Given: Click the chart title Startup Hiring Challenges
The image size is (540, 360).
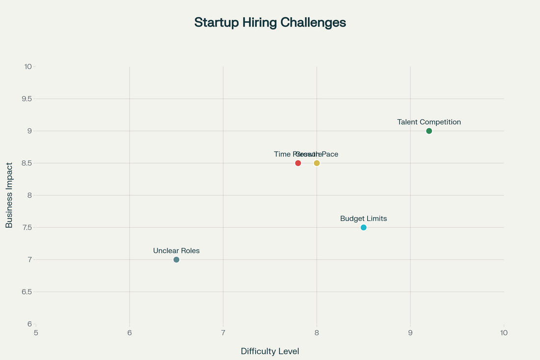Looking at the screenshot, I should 270,23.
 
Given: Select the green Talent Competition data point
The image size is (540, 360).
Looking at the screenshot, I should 429,131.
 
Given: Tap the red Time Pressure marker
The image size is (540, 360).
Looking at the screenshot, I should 298,163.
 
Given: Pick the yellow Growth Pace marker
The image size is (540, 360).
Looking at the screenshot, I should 317,163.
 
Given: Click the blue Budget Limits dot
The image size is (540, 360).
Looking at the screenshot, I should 363,227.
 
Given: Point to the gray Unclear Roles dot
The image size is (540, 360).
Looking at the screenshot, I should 176,260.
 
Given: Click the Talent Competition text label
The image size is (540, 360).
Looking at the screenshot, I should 429,122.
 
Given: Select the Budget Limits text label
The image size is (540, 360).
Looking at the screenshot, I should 363,219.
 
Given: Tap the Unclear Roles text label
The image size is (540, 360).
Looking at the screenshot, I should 176,251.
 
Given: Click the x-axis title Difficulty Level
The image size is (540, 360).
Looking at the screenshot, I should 270,352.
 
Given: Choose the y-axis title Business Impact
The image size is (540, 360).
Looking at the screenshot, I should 9,195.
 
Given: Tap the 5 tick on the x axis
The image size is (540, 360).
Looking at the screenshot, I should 36,333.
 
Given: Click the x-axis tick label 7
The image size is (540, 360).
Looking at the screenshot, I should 223,333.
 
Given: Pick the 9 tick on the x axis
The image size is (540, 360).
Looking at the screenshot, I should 410,333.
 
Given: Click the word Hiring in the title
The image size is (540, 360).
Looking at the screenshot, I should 263,23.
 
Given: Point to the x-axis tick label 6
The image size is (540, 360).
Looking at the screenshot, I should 130,333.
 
